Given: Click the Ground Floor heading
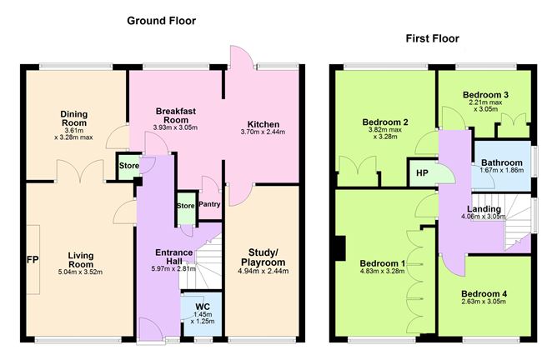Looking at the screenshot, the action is (161, 21).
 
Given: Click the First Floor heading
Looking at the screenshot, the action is (432, 38).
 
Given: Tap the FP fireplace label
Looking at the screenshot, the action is (33, 260).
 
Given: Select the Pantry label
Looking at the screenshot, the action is (209, 204).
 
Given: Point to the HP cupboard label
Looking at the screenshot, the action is (422, 173).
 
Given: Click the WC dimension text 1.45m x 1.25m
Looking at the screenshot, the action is (203, 317).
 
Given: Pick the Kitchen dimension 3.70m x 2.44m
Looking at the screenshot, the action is (263, 132).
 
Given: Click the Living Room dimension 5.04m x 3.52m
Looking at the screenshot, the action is (80, 272).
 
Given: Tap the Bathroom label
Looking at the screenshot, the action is (502, 162).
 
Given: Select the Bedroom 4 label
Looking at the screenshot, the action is (484, 293).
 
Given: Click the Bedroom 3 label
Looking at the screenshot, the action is (485, 95).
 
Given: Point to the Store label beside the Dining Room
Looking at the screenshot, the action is (129, 166).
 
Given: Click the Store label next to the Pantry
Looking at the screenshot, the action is (186, 206).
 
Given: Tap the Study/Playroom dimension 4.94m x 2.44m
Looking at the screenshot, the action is (263, 271).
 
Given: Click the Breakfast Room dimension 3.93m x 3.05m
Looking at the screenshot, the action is (175, 127).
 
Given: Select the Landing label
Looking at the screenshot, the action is (484, 209).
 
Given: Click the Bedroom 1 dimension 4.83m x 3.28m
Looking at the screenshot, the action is (382, 272).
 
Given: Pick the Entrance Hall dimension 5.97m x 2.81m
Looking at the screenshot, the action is (173, 269).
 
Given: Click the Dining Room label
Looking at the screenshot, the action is (74, 118).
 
